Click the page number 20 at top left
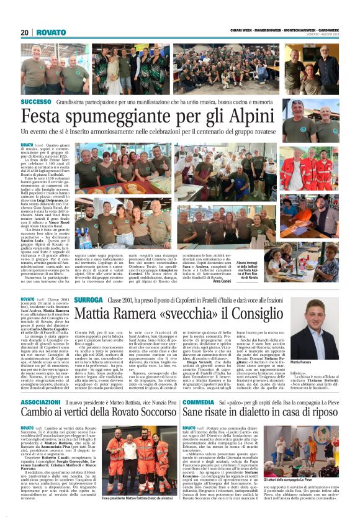coord(25,32)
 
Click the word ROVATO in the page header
coord(50,32)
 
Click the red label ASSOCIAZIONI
coord(40,403)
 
